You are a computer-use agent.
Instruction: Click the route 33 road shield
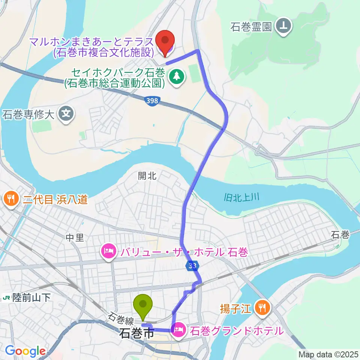(x=193, y=265)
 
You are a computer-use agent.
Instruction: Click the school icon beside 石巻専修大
(x=66, y=112)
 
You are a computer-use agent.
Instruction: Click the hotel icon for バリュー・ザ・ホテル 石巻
(x=109, y=251)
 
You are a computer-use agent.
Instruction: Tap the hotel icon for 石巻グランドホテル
(x=178, y=330)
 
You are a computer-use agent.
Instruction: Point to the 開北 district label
(x=147, y=176)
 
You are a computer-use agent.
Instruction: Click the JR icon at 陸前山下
(x=6, y=298)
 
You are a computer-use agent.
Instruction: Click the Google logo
(x=25, y=351)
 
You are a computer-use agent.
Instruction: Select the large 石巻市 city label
(x=136, y=333)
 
